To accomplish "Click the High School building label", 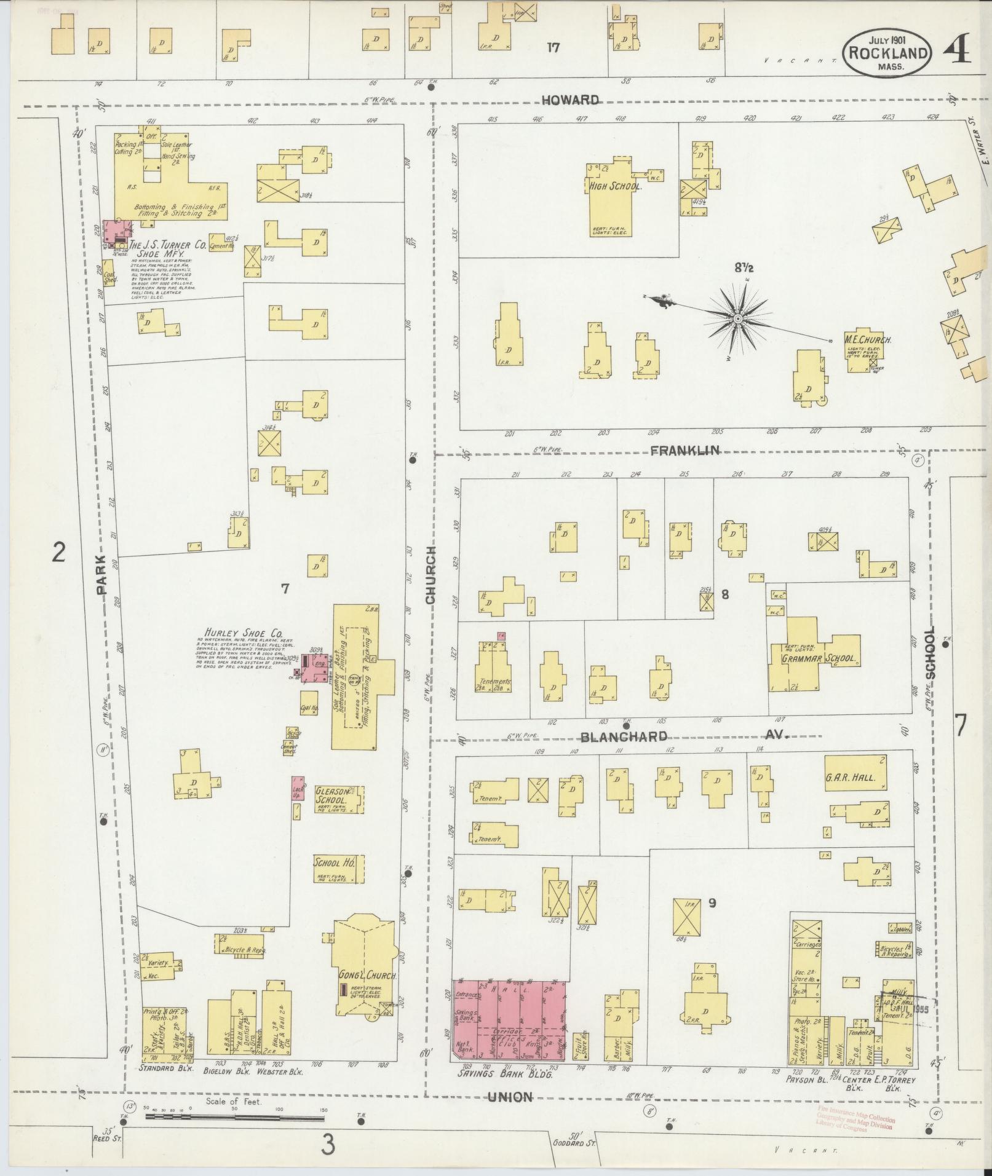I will coord(616,186).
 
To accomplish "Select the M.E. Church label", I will coord(867,339).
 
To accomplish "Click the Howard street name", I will coord(570,100).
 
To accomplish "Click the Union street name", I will coord(510,1096).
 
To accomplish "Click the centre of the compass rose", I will coord(736,318).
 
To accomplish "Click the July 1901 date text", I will coord(886,40).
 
